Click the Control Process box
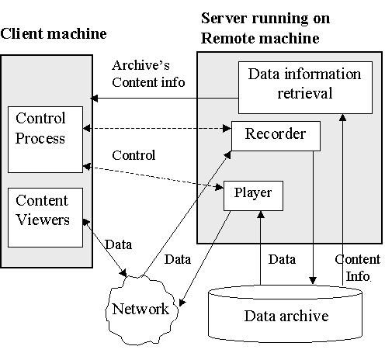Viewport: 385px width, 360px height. pos(45,140)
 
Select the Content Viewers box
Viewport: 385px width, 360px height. pos(45,217)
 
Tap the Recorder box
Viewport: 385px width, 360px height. pos(276,136)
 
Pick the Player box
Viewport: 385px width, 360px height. pos(253,196)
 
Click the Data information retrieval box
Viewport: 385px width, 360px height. pos(305,88)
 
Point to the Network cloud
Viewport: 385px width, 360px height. pos(141,310)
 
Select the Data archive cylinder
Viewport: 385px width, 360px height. pos(286,313)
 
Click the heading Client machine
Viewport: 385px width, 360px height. pos(54,34)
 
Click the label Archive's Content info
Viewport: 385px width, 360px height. pos(148,74)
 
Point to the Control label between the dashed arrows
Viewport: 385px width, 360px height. pos(134,155)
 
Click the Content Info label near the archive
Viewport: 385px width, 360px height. pos(358,268)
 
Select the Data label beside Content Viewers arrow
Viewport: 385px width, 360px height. pos(119,244)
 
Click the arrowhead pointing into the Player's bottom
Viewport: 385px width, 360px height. pos(261,214)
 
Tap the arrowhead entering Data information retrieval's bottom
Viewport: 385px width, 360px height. pos(343,117)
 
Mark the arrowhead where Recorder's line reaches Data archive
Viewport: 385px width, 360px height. pos(313,281)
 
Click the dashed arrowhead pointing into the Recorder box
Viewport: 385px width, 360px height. pos(227,128)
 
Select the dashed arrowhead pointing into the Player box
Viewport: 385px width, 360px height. pos(220,187)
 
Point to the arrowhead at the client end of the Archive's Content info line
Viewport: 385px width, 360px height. pos(94,99)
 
